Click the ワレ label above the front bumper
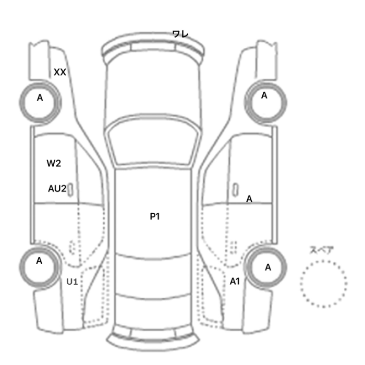(180, 34)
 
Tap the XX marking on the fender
(60, 72)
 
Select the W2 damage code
(54, 163)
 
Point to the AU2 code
(57, 189)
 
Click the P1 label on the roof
(155, 216)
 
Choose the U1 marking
(72, 282)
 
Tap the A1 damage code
(235, 282)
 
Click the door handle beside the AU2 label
(70, 190)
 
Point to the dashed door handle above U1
(72, 248)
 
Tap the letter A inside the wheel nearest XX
(40, 98)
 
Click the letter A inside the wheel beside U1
(39, 261)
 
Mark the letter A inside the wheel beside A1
(268, 267)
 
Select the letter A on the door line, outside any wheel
(249, 199)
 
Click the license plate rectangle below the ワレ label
(153, 46)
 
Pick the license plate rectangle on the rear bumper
(152, 333)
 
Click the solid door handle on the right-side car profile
(236, 190)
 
